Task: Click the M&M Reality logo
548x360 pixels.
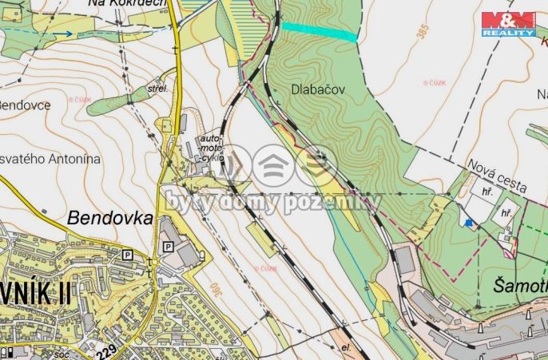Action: click(x=508, y=24)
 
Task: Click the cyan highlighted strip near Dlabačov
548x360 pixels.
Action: click(x=319, y=31)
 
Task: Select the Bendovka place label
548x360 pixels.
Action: click(x=110, y=216)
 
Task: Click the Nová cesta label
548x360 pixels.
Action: click(x=497, y=175)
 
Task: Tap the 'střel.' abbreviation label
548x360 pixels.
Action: click(x=158, y=89)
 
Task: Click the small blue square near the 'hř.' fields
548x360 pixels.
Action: click(x=470, y=223)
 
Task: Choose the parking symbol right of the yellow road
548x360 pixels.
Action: click(x=168, y=247)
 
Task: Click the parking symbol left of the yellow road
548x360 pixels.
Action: click(x=126, y=254)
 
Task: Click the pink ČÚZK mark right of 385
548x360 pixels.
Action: click(x=435, y=82)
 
